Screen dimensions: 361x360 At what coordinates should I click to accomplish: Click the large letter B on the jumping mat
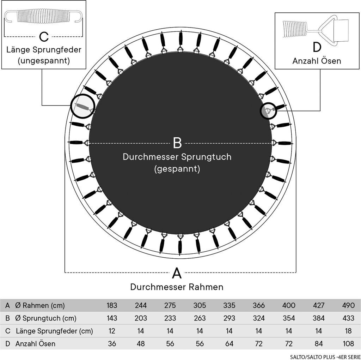click(177, 143)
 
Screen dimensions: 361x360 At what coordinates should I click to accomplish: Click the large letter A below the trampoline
click(177, 273)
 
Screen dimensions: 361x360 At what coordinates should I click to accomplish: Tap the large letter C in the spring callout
click(44, 36)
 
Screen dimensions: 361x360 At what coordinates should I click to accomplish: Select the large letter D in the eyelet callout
click(317, 47)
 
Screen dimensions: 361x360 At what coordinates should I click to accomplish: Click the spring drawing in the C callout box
click(44, 16)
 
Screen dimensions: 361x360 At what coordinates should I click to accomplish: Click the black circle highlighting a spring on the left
click(82, 107)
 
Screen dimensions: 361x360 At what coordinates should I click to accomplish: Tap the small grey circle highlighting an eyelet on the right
click(268, 111)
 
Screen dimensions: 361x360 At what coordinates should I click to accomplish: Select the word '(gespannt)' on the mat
click(177, 169)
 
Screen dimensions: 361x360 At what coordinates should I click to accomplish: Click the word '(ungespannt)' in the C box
click(44, 61)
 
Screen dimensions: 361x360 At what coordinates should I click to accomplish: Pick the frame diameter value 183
click(112, 305)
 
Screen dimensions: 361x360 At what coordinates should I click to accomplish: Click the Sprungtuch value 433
click(348, 318)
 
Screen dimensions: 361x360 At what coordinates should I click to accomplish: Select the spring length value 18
click(348, 331)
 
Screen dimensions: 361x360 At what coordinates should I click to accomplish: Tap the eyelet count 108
click(348, 344)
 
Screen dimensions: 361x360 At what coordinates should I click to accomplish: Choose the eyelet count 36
click(112, 344)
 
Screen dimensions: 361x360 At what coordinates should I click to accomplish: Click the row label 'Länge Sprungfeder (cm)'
click(54, 331)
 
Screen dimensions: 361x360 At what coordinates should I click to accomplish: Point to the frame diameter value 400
click(289, 305)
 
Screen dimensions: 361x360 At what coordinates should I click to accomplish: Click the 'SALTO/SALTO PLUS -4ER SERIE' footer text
click(325, 357)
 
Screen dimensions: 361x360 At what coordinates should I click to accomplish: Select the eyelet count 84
click(319, 344)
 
